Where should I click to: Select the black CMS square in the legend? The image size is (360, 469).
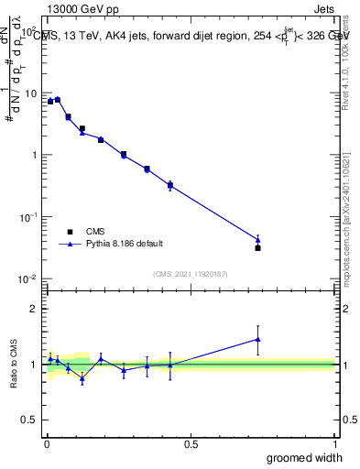point(67,232)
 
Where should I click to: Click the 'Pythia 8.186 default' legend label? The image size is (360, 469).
point(125,244)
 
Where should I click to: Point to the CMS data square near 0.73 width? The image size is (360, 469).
point(257,248)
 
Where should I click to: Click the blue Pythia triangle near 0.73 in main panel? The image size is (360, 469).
point(257,240)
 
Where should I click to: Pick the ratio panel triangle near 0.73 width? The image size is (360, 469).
point(257,339)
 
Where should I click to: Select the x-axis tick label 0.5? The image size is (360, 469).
point(190,444)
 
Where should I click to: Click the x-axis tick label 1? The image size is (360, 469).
point(334,444)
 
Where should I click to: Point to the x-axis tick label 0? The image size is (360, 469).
point(46,444)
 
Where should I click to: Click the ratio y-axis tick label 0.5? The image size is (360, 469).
point(29,420)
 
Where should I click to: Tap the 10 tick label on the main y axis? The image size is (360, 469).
point(30,93)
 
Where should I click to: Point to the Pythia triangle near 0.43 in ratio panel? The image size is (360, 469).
point(170,365)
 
